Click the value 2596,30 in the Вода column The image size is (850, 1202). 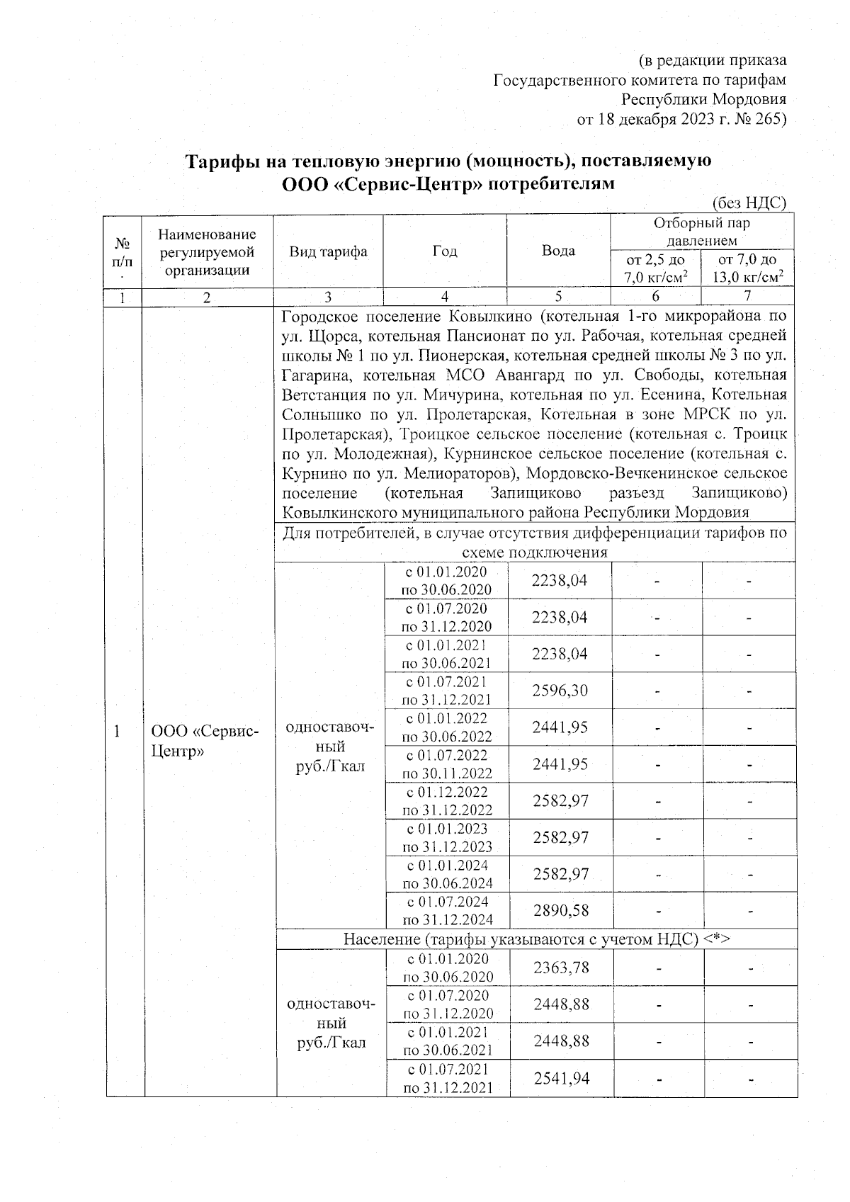tap(560, 691)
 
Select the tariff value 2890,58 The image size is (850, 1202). tap(560, 910)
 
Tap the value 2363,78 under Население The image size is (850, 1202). tap(561, 968)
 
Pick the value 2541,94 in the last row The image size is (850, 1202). tap(562, 1078)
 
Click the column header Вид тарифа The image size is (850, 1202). tap(328, 251)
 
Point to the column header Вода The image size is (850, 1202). tap(558, 251)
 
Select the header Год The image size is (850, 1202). tap(444, 251)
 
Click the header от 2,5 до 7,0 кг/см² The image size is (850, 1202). tap(655, 268)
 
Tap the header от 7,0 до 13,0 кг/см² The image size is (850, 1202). tap(747, 268)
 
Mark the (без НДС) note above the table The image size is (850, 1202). tap(749, 203)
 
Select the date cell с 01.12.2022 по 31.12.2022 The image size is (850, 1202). tap(447, 800)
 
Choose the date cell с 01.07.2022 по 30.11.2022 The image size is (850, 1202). tap(446, 764)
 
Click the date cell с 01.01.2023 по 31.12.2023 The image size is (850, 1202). tap(447, 837)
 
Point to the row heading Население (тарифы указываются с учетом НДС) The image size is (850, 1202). tap(536, 939)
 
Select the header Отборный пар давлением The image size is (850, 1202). tap(701, 232)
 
